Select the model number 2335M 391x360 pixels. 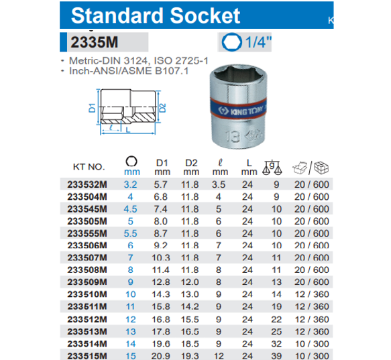click(94, 42)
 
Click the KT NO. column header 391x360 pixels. click(88, 166)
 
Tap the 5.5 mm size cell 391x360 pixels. click(131, 232)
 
